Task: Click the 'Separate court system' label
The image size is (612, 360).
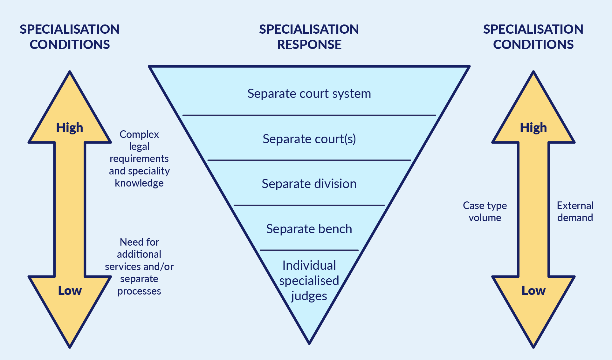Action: click(309, 94)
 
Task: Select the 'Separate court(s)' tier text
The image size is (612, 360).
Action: click(309, 139)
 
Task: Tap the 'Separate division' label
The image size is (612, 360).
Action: click(309, 184)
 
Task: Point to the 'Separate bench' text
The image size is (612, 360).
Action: click(309, 229)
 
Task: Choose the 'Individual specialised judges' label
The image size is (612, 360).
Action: click(309, 281)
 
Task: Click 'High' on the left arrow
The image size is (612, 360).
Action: click(70, 128)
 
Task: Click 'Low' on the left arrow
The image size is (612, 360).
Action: click(70, 291)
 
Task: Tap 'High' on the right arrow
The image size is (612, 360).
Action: click(533, 128)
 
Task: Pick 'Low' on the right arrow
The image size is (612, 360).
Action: click(533, 291)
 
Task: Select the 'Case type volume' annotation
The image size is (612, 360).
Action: click(485, 212)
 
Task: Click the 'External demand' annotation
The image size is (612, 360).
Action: click(575, 212)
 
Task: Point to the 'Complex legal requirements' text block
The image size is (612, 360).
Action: click(139, 159)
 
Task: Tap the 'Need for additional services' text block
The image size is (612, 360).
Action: click(139, 266)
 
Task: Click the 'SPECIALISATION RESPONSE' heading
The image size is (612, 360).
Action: click(309, 37)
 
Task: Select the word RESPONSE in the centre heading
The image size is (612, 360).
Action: click(309, 44)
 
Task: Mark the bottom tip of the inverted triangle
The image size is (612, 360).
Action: click(309, 343)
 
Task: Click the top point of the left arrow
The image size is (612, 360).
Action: click(70, 72)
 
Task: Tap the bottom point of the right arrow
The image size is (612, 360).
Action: click(533, 346)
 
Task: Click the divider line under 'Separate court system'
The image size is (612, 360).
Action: click(309, 115)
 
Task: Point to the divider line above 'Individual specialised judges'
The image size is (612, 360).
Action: click(309, 250)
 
